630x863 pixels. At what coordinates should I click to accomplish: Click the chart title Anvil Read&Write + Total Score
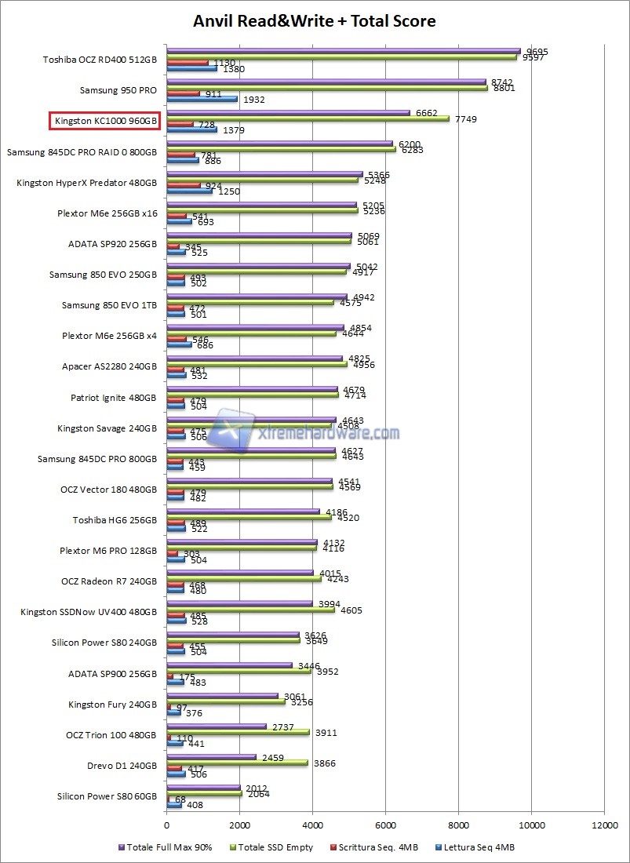point(315,21)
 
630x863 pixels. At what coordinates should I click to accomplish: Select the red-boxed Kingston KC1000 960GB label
point(105,121)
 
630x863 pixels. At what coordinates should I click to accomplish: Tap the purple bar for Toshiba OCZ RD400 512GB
point(343,51)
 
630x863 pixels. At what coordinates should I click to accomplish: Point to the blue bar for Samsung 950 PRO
point(202,99)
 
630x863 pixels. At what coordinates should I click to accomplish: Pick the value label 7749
point(465,119)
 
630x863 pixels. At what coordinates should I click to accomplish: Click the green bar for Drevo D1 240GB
point(237,763)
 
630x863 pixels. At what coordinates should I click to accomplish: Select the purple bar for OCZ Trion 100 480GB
point(217,726)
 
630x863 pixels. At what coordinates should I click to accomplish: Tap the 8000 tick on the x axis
point(458,825)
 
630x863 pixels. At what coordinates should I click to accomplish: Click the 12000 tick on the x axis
point(603,825)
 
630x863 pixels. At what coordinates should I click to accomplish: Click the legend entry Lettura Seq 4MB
point(479,847)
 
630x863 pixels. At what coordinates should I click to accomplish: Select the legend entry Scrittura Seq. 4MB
point(370,847)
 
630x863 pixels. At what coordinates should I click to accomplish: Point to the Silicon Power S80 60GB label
point(107,796)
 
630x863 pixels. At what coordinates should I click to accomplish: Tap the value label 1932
point(255,100)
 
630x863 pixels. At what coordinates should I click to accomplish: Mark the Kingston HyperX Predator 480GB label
point(86,182)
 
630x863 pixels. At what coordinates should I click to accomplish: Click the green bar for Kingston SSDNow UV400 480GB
point(250,610)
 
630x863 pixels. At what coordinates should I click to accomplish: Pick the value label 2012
point(257,788)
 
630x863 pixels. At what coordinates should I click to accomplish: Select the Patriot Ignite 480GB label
point(114,398)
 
